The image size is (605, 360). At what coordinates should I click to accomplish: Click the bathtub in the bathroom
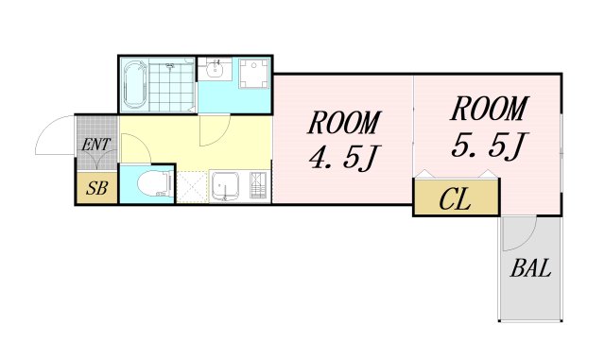[135, 84]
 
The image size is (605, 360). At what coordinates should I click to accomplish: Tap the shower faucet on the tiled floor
[170, 66]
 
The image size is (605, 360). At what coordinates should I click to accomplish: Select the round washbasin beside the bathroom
[214, 70]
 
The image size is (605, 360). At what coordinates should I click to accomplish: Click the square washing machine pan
[254, 74]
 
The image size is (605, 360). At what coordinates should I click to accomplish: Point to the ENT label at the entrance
[96, 145]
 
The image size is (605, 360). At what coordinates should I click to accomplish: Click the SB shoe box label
[96, 188]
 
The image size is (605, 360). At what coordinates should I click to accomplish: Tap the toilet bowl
[154, 184]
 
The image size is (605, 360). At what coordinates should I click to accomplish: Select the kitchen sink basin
[225, 187]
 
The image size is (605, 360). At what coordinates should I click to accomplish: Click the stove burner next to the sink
[258, 185]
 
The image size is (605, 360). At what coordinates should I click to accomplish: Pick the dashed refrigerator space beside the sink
[193, 187]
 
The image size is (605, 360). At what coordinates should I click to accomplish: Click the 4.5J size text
[344, 158]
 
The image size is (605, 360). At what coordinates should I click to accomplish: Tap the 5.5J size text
[489, 146]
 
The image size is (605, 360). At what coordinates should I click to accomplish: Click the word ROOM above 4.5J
[344, 123]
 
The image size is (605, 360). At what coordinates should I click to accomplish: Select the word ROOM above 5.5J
[489, 109]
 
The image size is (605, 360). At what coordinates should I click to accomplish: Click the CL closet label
[456, 199]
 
